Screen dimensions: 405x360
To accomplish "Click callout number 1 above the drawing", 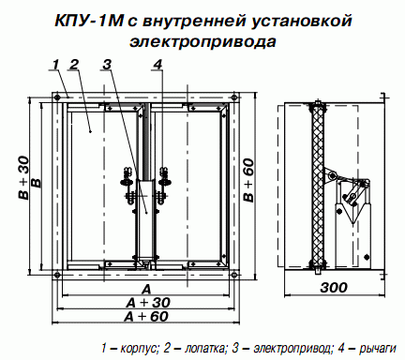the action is (55, 65).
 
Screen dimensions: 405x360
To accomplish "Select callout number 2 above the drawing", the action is (74, 65).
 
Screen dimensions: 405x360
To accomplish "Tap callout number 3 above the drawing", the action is (107, 65).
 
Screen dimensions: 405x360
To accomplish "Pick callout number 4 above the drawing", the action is (157, 65).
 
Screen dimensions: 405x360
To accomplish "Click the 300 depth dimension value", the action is (334, 288).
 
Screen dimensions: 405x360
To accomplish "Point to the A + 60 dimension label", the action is (146, 317).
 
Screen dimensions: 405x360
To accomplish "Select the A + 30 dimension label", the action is (148, 303).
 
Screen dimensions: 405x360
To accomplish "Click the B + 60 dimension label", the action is (249, 180).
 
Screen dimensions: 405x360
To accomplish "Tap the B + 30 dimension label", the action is (23, 177).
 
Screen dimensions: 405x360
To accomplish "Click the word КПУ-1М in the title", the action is (88, 22).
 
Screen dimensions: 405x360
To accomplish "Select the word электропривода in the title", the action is (202, 41).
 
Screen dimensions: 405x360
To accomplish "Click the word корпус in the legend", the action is (140, 348).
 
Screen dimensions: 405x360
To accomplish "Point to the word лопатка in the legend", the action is (204, 348).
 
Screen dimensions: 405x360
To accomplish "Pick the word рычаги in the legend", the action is (378, 348).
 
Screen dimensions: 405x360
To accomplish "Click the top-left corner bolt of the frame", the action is (57, 97).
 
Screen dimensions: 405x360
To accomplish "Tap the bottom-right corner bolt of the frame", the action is (234, 275).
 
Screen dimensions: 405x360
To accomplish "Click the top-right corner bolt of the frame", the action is (234, 97).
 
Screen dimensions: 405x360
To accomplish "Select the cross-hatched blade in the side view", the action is (318, 186).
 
